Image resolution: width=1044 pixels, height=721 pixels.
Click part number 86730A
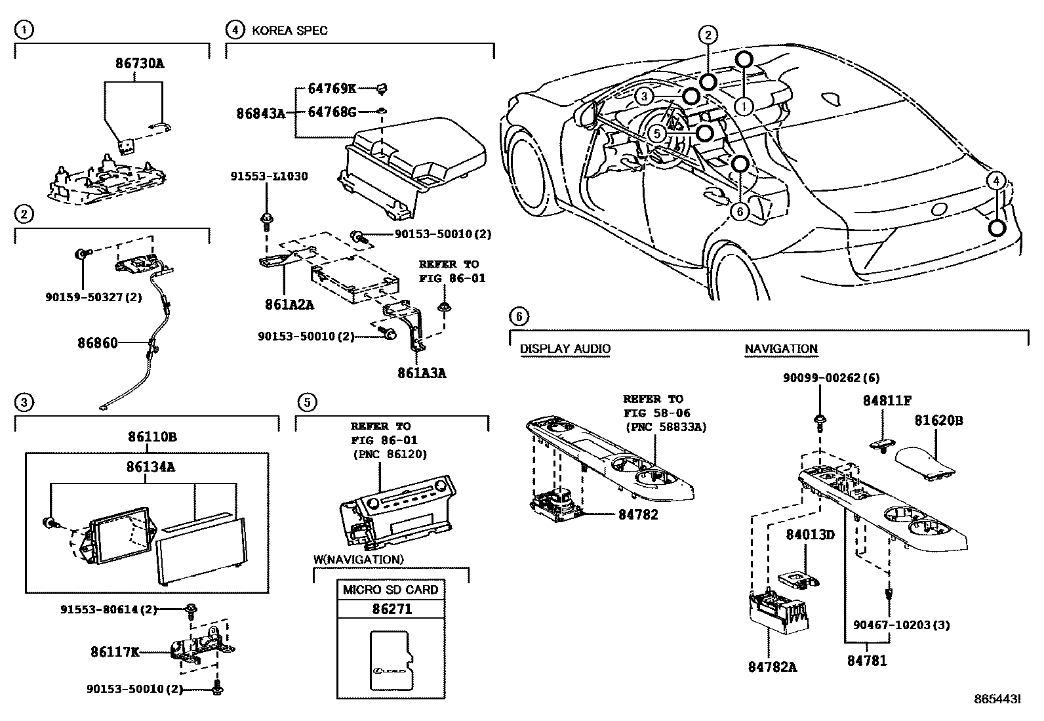140,64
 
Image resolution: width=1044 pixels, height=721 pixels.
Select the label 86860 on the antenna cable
98,342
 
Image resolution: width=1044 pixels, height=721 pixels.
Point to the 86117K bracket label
115,652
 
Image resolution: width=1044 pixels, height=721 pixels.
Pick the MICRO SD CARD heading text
390,589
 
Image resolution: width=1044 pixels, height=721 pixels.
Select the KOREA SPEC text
289,30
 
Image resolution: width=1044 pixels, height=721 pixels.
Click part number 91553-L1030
269,176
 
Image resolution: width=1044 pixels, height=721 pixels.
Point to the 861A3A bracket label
422,373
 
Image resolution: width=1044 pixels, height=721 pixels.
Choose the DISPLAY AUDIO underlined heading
565,349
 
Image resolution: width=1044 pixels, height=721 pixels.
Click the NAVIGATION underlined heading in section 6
781,349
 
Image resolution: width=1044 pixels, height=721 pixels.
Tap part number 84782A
773,667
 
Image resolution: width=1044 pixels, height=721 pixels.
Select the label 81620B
938,420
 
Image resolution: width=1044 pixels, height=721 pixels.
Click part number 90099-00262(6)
831,378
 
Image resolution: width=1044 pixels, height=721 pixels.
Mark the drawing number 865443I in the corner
997,700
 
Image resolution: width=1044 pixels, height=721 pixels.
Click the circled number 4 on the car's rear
995,180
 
